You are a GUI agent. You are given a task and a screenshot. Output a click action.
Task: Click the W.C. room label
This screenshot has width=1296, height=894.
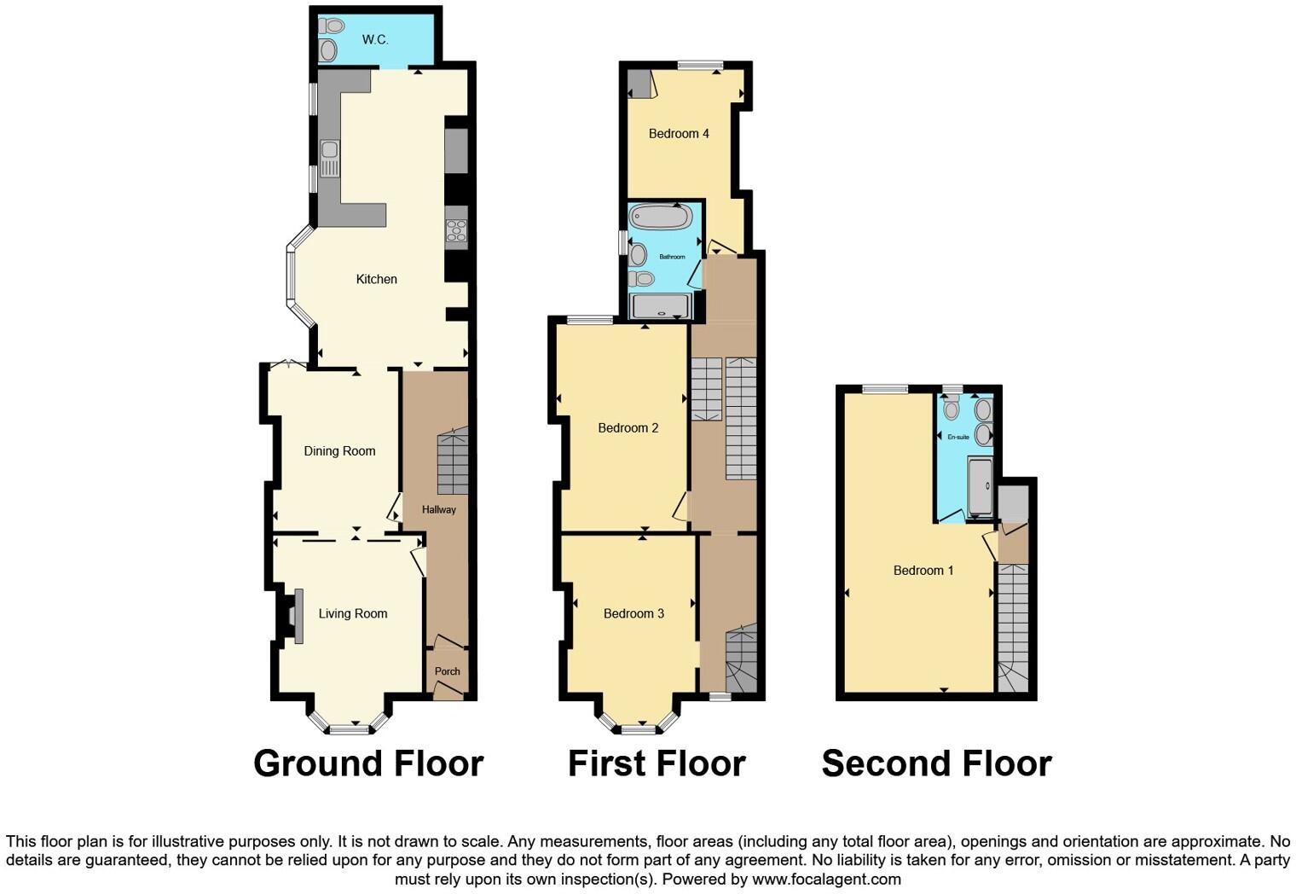[x=374, y=39]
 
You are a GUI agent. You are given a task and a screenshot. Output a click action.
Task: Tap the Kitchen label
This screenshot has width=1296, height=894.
[x=376, y=279]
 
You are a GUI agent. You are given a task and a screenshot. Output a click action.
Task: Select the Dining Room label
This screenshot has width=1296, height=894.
[x=339, y=451]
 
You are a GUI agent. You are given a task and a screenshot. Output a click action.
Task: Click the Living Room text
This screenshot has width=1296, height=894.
[x=353, y=613]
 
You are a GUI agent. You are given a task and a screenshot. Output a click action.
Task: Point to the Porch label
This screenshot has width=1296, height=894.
[x=447, y=671]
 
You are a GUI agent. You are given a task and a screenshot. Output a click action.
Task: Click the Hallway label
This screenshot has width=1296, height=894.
[x=439, y=510]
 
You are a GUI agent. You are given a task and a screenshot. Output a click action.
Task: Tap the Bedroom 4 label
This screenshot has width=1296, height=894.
[x=679, y=134]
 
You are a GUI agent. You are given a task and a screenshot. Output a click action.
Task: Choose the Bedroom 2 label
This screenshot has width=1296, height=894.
[x=628, y=428]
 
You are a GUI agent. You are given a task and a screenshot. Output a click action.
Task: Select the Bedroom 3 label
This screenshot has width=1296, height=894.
[x=634, y=613]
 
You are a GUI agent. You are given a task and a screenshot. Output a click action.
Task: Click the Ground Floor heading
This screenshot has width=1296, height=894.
[x=368, y=763]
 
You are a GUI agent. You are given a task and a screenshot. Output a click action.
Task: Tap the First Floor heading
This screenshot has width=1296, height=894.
[x=657, y=763]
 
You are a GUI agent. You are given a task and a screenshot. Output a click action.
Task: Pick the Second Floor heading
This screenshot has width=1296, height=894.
[x=936, y=763]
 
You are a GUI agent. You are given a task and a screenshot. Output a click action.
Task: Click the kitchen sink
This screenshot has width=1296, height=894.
[x=329, y=159]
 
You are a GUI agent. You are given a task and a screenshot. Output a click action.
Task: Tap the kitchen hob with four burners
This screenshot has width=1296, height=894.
[x=456, y=228]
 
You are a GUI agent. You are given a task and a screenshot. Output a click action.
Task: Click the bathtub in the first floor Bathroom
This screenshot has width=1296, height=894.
[x=660, y=217]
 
